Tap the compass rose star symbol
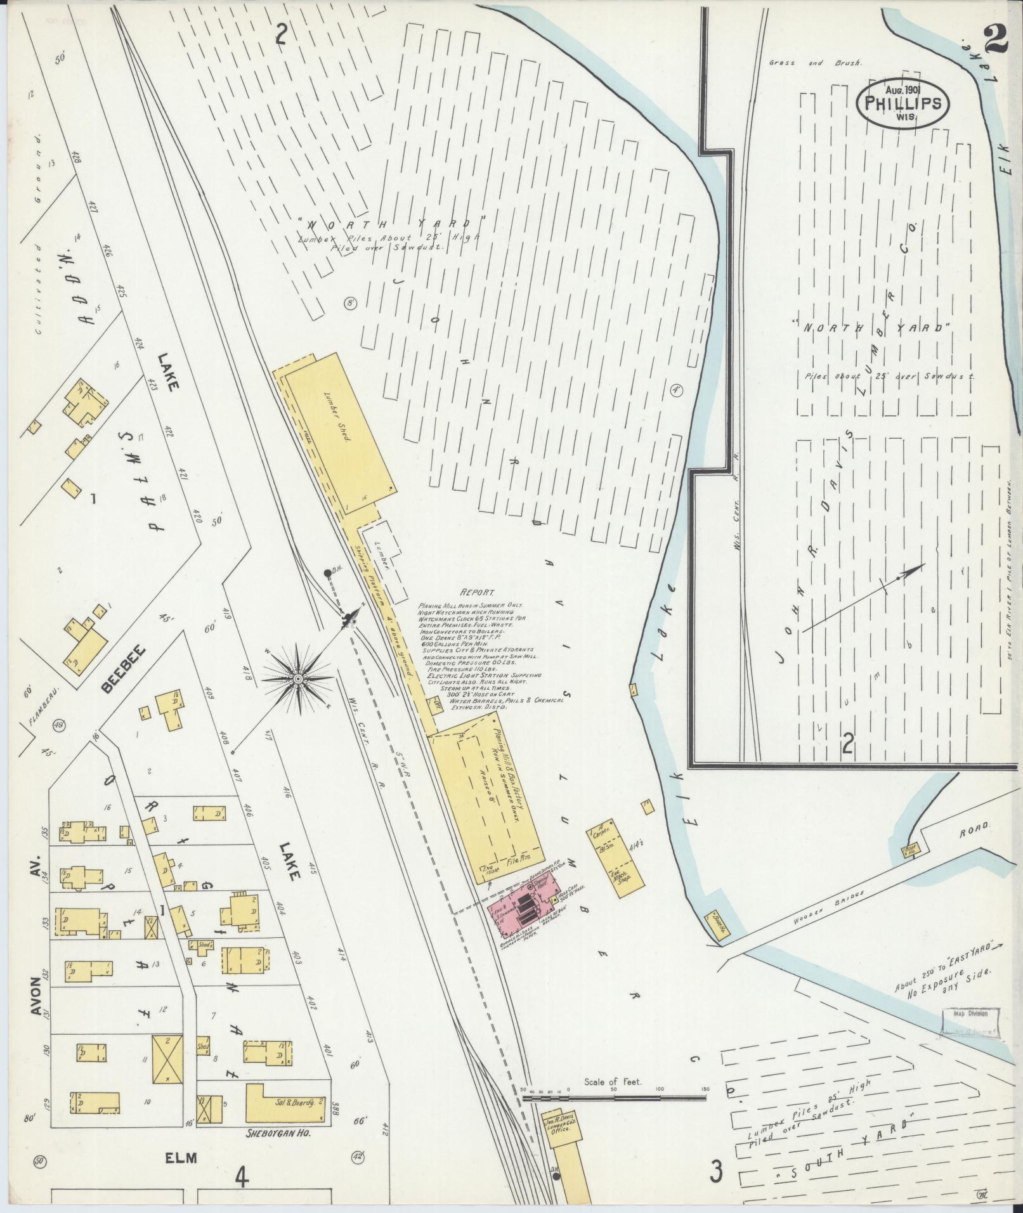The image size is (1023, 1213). pos(297,678)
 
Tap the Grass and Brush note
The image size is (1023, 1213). pos(814,63)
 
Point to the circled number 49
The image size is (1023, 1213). pos(60,725)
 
